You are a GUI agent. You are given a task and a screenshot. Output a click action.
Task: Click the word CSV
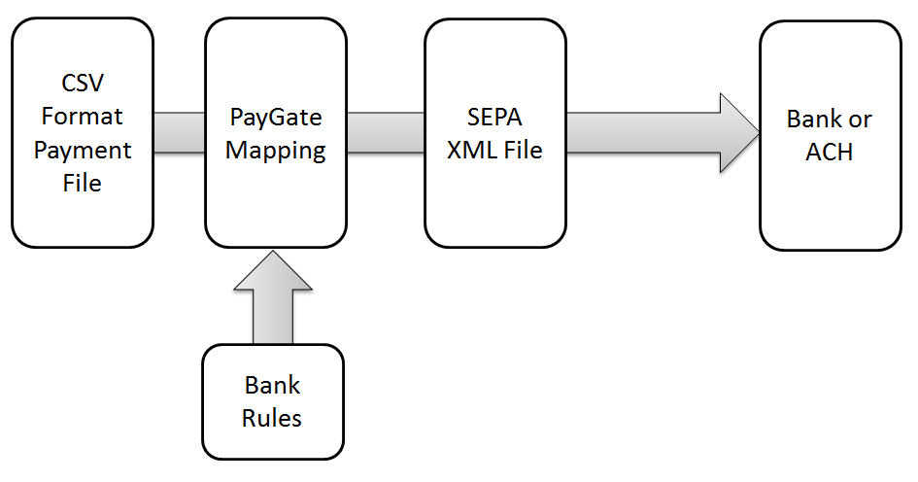click(83, 83)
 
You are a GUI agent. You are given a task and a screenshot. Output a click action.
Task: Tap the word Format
click(83, 117)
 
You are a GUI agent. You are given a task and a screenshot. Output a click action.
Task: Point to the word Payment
click(83, 151)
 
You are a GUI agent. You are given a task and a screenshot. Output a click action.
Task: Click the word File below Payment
click(83, 184)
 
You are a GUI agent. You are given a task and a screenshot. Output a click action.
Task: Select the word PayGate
click(276, 118)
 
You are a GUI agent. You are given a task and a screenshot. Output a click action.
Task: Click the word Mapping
click(276, 152)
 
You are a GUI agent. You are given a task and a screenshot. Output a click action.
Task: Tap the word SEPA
click(495, 118)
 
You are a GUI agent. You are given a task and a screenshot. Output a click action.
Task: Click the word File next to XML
click(521, 152)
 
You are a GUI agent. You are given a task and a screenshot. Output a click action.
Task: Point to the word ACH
click(829, 153)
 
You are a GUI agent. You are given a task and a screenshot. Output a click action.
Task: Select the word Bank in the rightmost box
click(814, 120)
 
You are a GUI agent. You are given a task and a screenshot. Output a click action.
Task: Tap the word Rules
click(272, 419)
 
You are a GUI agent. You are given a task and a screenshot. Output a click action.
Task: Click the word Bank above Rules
click(272, 386)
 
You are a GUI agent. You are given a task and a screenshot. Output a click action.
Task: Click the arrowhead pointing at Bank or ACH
click(738, 133)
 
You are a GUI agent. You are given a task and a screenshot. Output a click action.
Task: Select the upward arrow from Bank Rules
click(273, 301)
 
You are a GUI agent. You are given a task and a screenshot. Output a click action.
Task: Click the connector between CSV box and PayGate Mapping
click(179, 133)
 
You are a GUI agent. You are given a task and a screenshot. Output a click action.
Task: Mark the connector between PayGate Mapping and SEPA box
click(386, 133)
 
